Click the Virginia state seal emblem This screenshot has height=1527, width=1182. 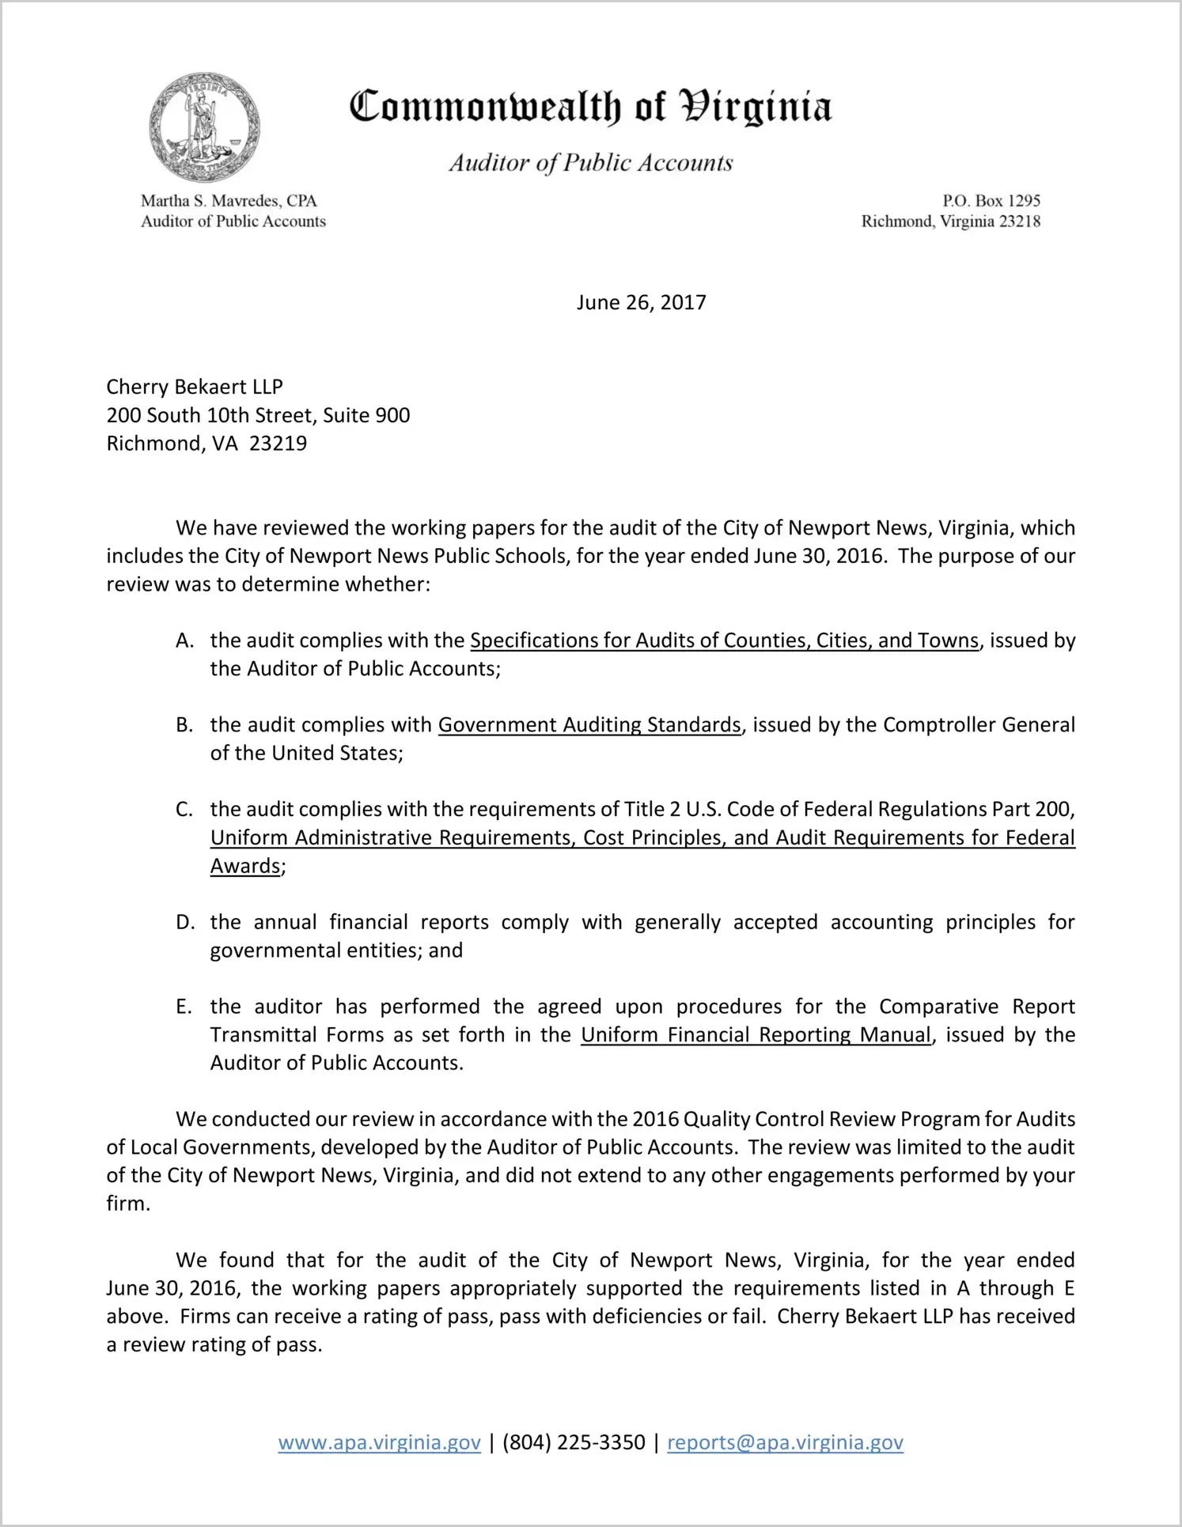(204, 128)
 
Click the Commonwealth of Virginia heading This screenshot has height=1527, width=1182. (590, 107)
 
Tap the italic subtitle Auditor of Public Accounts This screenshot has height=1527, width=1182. (590, 163)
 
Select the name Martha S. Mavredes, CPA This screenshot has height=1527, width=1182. (229, 201)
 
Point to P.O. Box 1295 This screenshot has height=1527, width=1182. (991, 201)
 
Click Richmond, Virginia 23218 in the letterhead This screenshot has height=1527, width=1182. (950, 221)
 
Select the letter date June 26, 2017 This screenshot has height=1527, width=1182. (641, 303)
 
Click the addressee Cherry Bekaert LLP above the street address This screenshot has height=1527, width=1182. (195, 387)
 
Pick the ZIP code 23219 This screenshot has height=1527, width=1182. (278, 444)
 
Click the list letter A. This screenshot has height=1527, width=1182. (184, 641)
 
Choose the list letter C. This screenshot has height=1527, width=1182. (184, 810)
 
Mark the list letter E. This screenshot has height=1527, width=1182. (184, 1007)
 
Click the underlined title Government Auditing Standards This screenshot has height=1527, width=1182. (589, 725)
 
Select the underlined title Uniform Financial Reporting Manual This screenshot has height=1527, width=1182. (756, 1035)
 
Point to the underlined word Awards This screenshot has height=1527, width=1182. (245, 866)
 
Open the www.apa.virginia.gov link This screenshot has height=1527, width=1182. (379, 1442)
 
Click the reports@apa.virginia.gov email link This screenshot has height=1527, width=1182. (785, 1442)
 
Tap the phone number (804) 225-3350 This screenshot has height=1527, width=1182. (574, 1442)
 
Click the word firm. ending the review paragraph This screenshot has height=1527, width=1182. (128, 1204)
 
